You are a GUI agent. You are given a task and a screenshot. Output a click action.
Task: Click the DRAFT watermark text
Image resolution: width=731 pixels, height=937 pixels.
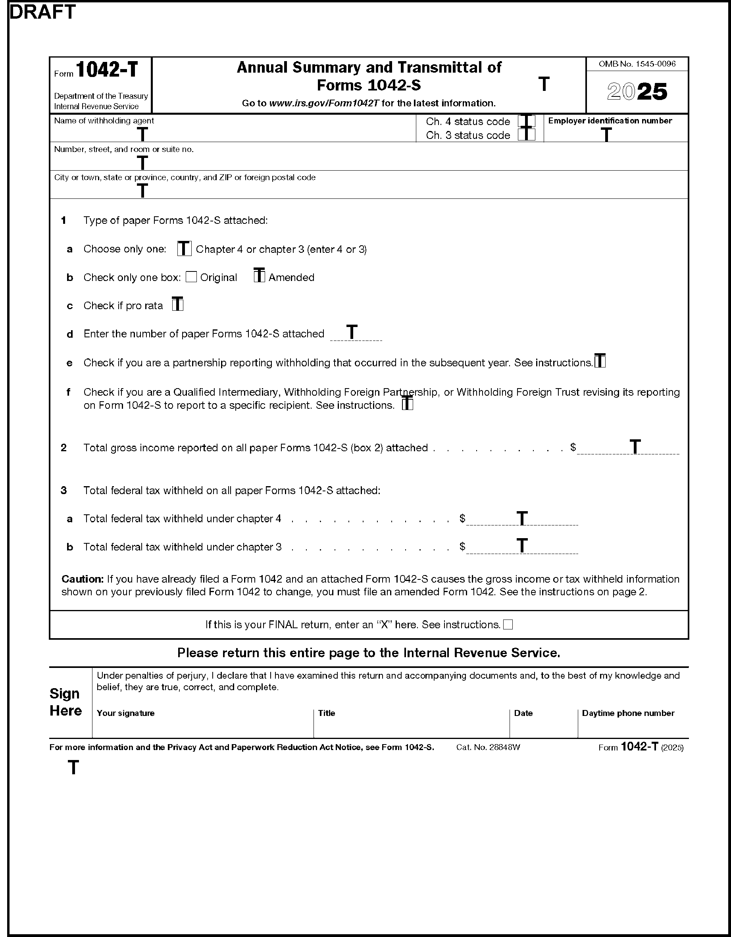[x=42, y=12]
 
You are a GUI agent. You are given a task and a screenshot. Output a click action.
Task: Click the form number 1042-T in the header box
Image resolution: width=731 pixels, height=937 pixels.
[x=107, y=70]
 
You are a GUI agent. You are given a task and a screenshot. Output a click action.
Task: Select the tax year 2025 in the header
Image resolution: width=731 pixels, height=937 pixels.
[x=637, y=91]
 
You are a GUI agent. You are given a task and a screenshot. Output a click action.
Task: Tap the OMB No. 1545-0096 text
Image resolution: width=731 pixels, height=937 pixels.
[x=637, y=64]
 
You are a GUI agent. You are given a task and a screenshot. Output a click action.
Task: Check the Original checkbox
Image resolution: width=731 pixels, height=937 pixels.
[x=191, y=277]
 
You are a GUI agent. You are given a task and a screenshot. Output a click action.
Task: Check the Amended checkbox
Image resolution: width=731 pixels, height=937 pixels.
[x=259, y=276]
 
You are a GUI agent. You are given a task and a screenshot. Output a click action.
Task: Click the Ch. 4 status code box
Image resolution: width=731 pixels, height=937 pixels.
[x=526, y=121]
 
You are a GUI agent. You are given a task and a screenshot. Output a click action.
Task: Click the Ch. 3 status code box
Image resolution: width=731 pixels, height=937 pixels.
[x=526, y=135]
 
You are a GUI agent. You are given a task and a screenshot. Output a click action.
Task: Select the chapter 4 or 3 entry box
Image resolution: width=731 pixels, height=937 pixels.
[x=185, y=248]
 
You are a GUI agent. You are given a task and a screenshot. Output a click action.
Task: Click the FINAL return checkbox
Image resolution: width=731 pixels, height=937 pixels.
[x=508, y=625]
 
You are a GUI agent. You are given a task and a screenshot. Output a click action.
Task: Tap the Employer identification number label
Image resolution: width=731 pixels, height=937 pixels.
[x=610, y=121]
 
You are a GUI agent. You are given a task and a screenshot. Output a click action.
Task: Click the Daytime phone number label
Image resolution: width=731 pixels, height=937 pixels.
[x=628, y=713]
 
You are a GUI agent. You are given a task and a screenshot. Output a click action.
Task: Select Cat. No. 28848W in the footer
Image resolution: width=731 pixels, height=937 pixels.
[x=488, y=747]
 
